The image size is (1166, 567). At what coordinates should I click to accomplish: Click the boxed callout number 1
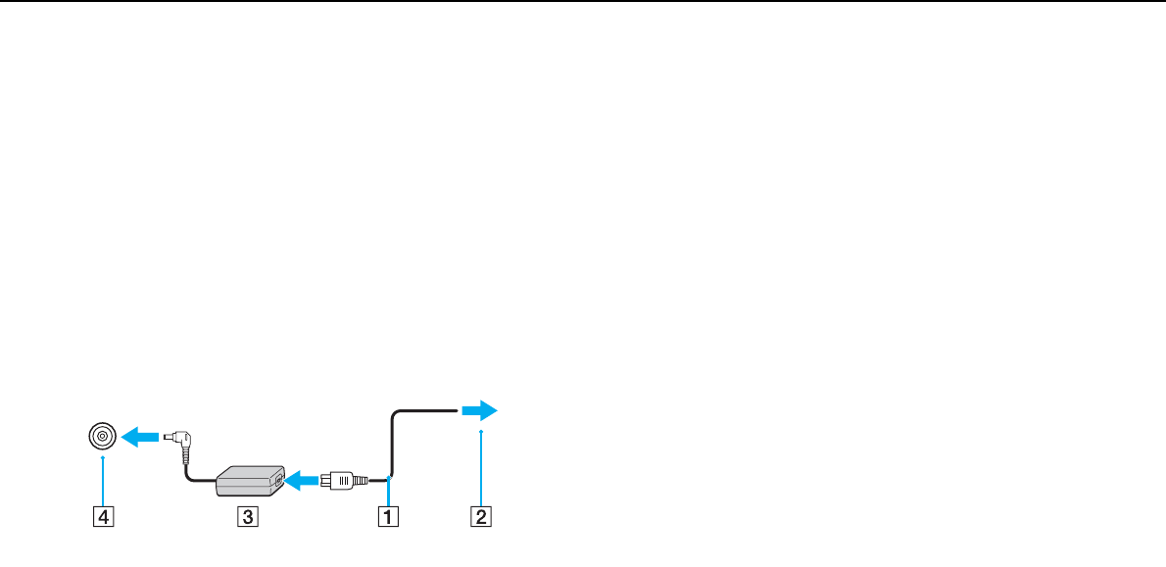click(389, 515)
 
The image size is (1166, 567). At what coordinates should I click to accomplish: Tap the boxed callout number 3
click(250, 515)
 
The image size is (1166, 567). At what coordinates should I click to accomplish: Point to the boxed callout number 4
click(102, 515)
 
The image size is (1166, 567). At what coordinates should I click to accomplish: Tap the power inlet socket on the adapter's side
click(279, 481)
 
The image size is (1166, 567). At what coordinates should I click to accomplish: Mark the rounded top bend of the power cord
click(396, 416)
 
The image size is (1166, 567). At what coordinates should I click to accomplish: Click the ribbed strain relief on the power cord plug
click(360, 481)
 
